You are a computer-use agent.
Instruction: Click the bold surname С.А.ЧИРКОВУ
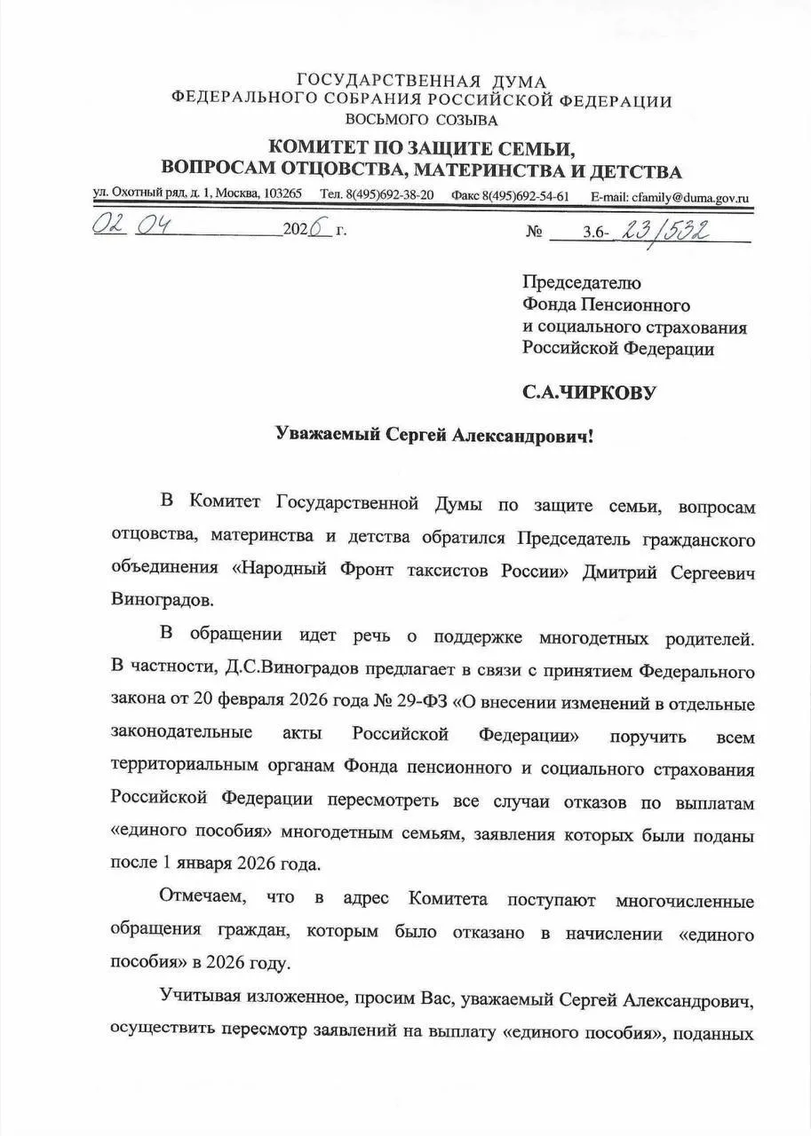point(589,390)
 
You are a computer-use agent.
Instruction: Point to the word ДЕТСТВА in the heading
point(632,170)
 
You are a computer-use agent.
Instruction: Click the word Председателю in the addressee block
point(580,283)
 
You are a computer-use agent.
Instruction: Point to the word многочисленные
point(684,902)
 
